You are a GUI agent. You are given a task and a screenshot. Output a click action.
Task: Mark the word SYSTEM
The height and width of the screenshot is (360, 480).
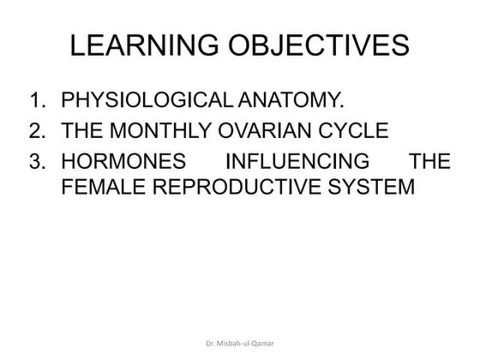click(371, 185)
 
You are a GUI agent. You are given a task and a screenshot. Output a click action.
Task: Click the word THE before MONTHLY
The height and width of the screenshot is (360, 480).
click(85, 131)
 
